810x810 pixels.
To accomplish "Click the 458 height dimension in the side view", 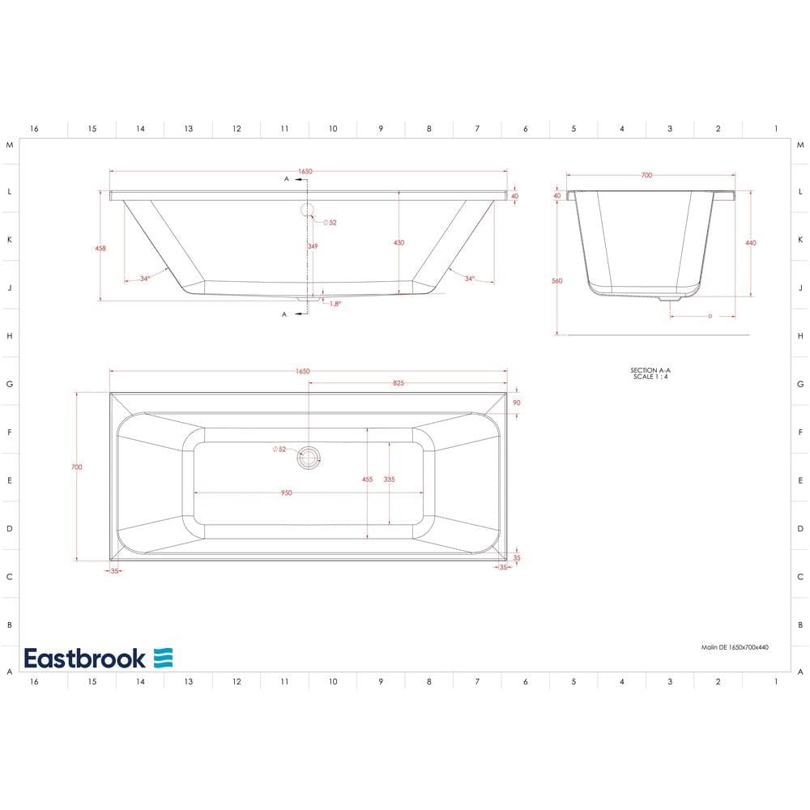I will point(100,248).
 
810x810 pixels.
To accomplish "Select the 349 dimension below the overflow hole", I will point(312,245).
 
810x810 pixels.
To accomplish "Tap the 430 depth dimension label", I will point(399,242).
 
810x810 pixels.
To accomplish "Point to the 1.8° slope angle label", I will point(335,304).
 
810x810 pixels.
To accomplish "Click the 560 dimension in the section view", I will point(556,280).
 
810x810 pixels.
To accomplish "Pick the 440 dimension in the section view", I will point(750,242).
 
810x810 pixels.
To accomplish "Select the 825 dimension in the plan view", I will point(399,383).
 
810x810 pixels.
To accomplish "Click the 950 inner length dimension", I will point(286,492).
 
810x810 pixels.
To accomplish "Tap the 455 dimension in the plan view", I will point(368,480).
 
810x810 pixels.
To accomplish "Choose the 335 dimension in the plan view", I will point(390,480).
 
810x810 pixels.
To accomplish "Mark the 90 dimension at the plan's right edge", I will point(516,403).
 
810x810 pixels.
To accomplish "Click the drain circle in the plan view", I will point(309,458).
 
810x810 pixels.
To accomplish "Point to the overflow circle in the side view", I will point(308,211).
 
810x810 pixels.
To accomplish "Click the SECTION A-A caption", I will point(650,370).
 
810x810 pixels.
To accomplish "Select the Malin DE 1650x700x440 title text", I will point(734,648).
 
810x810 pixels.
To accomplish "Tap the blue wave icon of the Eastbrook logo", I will point(163,658).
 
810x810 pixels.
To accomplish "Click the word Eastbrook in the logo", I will point(85,658).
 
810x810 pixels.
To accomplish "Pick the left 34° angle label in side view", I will point(144,279).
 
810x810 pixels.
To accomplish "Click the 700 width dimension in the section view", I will point(646,175).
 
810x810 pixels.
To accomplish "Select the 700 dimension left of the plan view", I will point(77,467).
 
